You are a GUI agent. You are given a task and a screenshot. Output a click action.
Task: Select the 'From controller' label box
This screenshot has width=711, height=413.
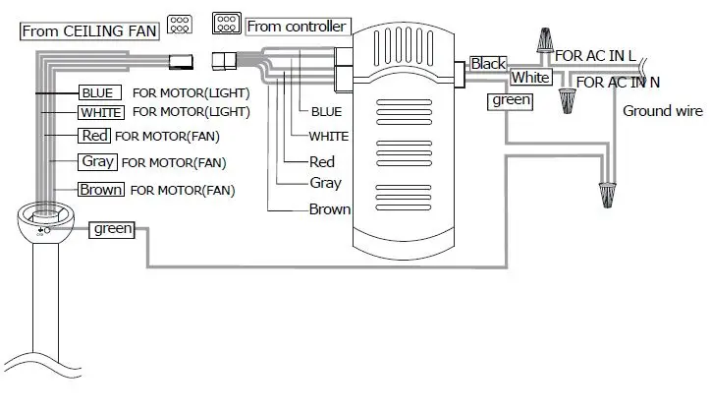[296, 27]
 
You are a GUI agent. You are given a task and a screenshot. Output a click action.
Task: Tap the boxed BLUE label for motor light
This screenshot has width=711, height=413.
[99, 92]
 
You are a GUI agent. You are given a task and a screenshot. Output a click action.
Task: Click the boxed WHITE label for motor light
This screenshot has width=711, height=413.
[100, 113]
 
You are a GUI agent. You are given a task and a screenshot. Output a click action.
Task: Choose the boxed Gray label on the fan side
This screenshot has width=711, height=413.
[98, 161]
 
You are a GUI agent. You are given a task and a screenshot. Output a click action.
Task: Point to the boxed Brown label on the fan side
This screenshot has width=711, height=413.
[101, 189]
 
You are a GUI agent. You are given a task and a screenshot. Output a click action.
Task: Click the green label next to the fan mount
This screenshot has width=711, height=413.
[113, 229]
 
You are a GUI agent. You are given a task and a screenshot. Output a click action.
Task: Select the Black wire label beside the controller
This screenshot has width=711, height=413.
[488, 64]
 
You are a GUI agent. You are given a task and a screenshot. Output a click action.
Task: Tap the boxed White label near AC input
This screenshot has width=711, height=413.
[530, 77]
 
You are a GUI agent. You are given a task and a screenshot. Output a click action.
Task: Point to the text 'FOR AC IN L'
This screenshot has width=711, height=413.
[595, 56]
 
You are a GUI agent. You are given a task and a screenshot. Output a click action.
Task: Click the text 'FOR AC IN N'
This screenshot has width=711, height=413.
[618, 83]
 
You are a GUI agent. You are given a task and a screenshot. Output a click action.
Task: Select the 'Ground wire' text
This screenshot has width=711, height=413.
[662, 111]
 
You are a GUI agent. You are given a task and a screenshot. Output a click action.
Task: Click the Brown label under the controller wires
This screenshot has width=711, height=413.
[329, 209]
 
